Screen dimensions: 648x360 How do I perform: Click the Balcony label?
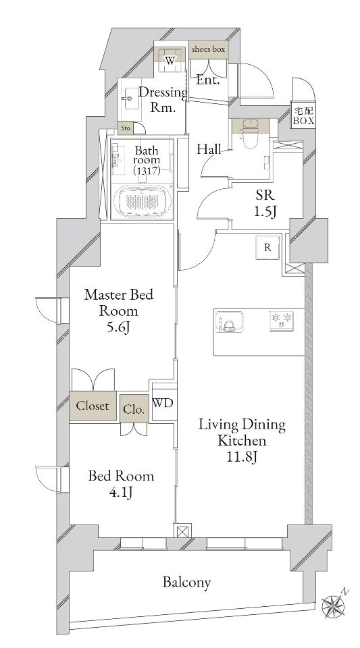pyautogui.click(x=186, y=582)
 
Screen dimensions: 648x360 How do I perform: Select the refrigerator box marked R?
pyautogui.click(x=267, y=248)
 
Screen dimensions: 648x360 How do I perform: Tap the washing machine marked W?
pyautogui.click(x=171, y=59)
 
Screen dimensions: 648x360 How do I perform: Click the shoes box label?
pyautogui.click(x=209, y=49)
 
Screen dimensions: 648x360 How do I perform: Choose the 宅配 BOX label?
pyautogui.click(x=301, y=115)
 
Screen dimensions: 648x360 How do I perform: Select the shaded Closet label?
pyautogui.click(x=93, y=406)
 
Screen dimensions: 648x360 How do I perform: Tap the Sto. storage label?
pyautogui.click(x=126, y=128)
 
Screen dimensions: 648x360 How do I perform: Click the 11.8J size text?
pyautogui.click(x=241, y=457)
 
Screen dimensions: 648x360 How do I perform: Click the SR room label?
pyautogui.click(x=263, y=196)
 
